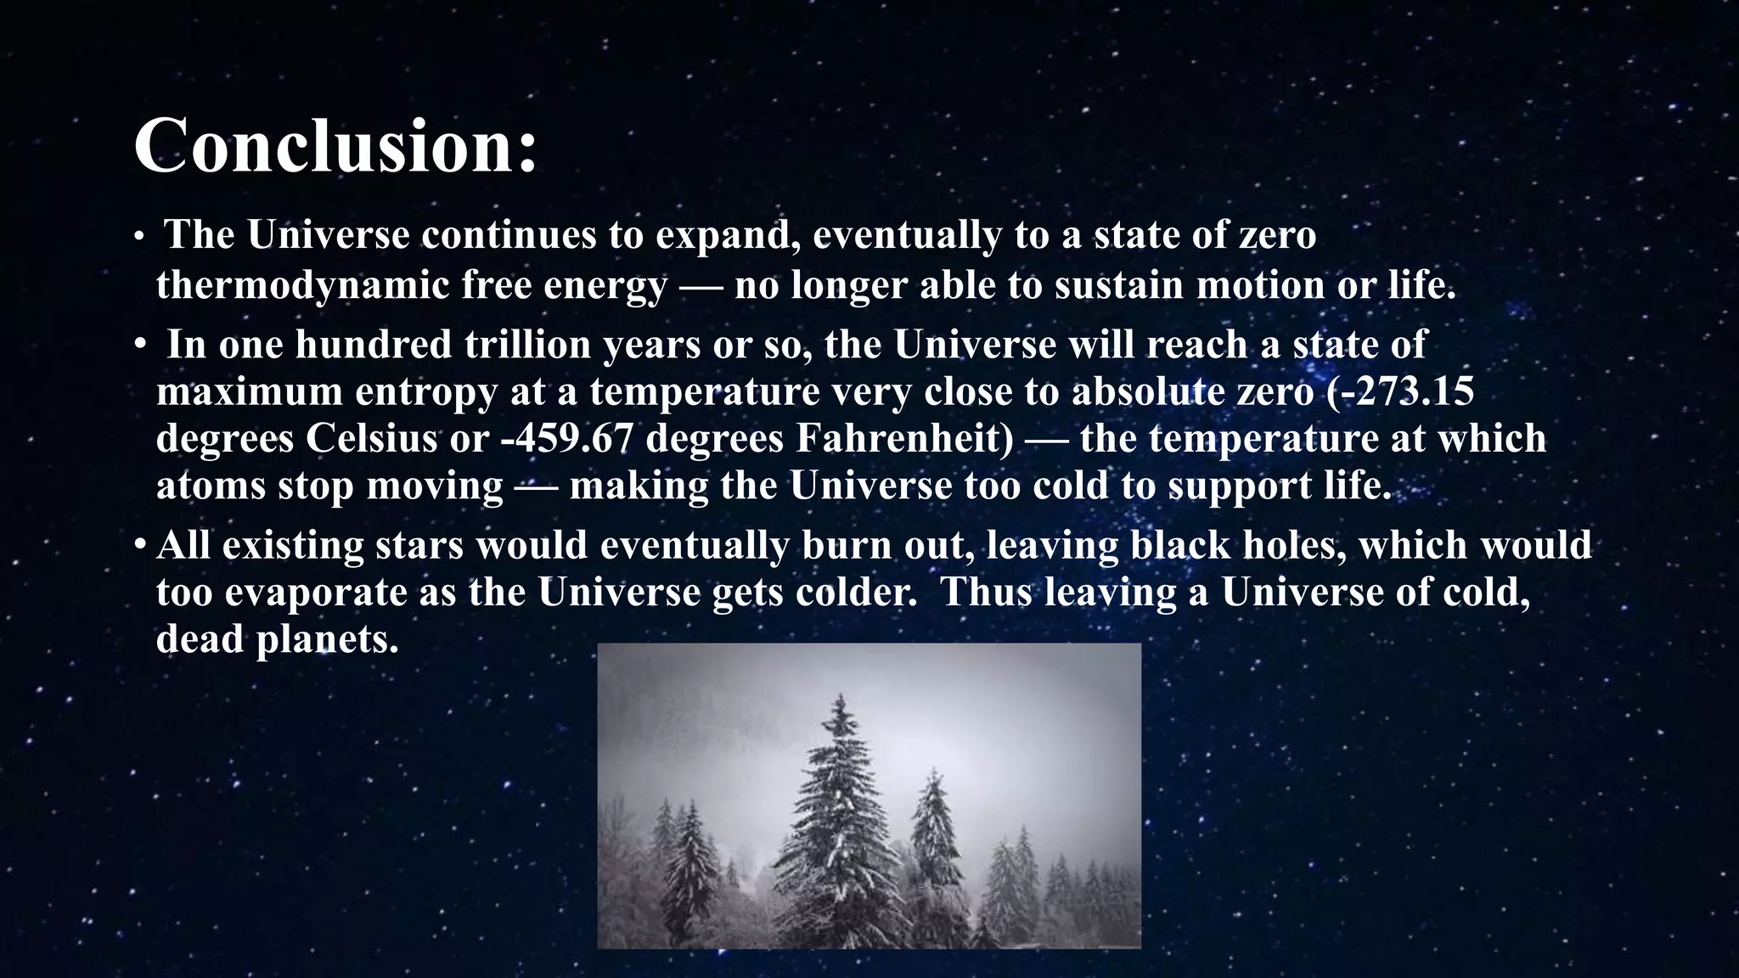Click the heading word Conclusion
(x=335, y=146)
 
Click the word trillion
(x=527, y=345)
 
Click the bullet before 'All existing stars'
(x=140, y=545)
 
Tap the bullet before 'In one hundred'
(x=140, y=345)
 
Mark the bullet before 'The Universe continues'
(x=140, y=238)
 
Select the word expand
(x=727, y=236)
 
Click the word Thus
(x=986, y=592)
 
